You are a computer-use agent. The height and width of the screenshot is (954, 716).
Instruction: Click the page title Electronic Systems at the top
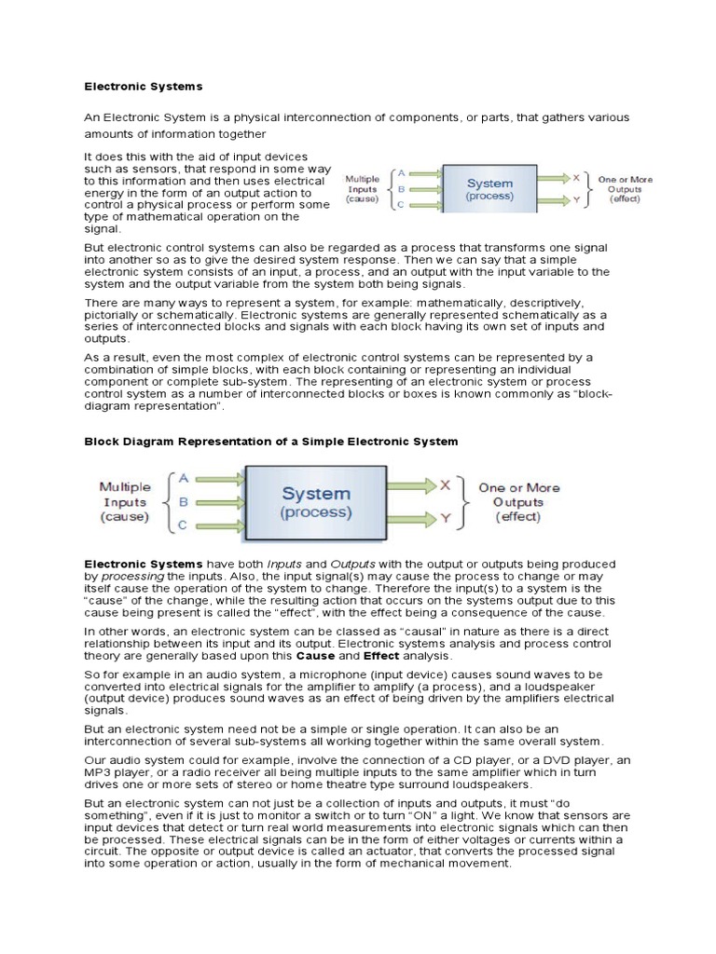pos(144,87)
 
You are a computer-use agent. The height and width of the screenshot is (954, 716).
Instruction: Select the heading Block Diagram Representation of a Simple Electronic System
pos(271,441)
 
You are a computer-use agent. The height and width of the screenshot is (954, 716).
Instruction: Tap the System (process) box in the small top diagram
pos(489,190)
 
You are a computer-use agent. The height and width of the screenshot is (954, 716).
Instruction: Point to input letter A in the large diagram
pos(184,477)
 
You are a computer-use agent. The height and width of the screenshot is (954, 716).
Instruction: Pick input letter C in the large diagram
pos(184,525)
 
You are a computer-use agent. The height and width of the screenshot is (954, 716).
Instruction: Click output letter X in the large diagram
pos(445,484)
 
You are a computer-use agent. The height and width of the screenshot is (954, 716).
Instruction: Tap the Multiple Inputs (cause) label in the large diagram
pos(125,501)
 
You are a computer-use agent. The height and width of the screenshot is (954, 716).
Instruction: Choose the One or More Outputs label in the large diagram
pos(519,501)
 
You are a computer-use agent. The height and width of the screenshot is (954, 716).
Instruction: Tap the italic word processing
pos(131,577)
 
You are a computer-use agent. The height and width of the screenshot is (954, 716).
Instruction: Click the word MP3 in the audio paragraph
pos(99,773)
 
